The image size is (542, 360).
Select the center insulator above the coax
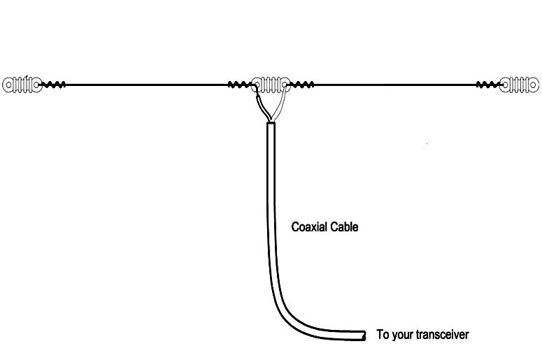click(x=272, y=85)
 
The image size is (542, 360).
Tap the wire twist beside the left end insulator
click(x=54, y=85)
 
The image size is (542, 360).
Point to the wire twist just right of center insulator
click(x=302, y=85)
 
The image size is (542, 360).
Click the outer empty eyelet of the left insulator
click(x=8, y=85)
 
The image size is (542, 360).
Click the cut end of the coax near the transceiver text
click(x=364, y=336)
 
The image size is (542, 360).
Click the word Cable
click(x=345, y=227)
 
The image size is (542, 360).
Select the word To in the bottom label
click(x=382, y=335)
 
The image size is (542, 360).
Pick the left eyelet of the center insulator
click(x=258, y=85)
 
